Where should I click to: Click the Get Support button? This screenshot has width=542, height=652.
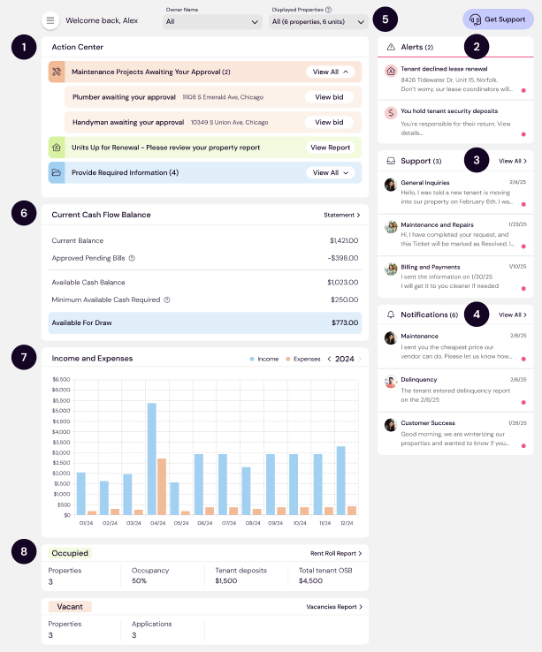499,19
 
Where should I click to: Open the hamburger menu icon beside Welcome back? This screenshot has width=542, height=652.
50,20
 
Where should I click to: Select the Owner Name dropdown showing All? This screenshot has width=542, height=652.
211,21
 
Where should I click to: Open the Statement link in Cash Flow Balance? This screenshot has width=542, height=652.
341,215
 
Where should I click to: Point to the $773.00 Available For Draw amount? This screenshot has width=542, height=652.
345,322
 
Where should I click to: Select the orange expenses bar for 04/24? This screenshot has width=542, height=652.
162,486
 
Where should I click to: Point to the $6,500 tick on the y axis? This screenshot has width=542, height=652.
61,380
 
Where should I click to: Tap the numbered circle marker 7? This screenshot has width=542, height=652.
24,359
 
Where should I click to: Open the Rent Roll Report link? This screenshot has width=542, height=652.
336,553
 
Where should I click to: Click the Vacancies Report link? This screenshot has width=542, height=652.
334,607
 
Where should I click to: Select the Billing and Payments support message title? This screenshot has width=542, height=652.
431,266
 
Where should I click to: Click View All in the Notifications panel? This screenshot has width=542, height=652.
513,315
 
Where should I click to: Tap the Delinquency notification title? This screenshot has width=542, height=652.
419,380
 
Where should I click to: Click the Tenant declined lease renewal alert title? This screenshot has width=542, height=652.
444,69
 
